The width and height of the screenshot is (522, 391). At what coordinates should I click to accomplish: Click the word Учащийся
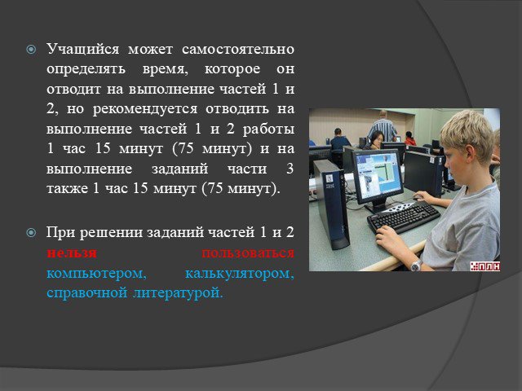tap(82, 50)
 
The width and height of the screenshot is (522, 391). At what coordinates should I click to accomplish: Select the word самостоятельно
tap(238, 49)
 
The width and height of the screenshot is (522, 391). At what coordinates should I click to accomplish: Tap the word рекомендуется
tap(145, 109)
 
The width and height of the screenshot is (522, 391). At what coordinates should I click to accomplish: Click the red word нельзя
tap(72, 253)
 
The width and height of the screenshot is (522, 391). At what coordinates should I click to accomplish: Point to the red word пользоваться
tap(248, 253)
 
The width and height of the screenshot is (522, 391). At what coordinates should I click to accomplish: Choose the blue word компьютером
tap(96, 274)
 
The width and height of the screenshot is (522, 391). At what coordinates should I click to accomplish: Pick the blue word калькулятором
tap(240, 274)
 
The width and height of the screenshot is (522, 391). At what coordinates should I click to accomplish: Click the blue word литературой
tap(178, 293)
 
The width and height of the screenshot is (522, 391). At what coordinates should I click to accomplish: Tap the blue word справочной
tap(87, 293)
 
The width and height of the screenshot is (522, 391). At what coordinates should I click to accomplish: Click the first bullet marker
tap(31, 50)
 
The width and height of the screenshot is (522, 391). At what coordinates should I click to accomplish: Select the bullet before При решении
tap(31, 233)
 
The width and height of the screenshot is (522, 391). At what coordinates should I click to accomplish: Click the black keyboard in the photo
tap(403, 217)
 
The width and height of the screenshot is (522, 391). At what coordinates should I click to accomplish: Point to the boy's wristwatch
tap(416, 266)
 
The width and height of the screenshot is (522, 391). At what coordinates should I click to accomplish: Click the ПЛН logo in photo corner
tap(485, 266)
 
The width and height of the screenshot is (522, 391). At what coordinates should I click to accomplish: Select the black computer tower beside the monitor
tap(331, 204)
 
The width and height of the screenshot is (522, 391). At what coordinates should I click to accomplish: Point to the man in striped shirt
tap(383, 125)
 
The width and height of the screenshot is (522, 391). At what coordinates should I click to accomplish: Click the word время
tap(165, 69)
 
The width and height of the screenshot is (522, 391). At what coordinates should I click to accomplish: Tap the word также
tap(67, 189)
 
